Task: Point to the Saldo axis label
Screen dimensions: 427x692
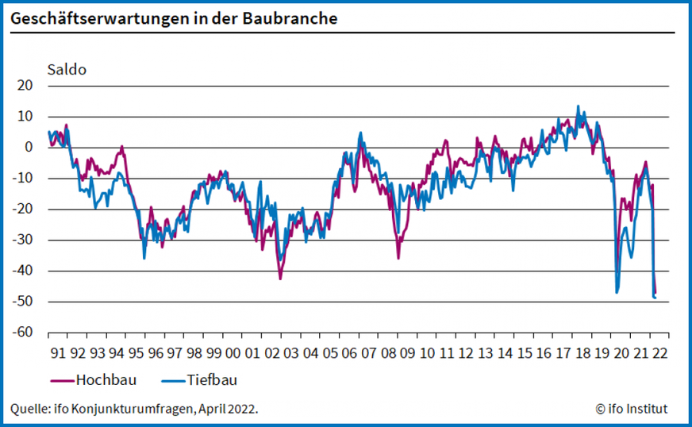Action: pyautogui.click(x=67, y=69)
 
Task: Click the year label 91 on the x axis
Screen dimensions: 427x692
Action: pyautogui.click(x=58, y=352)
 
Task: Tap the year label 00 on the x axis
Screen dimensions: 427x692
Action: pyautogui.click(x=233, y=352)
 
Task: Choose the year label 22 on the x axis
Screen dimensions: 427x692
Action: pyautogui.click(x=659, y=352)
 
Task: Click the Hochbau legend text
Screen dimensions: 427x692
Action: pyautogui.click(x=106, y=379)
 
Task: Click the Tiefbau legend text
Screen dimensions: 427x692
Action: pyautogui.click(x=212, y=379)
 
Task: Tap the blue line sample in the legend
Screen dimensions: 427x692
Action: pyautogui.click(x=172, y=380)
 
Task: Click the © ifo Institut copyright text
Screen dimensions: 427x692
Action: pyautogui.click(x=631, y=409)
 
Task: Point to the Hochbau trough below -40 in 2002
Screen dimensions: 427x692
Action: pyautogui.click(x=280, y=278)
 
